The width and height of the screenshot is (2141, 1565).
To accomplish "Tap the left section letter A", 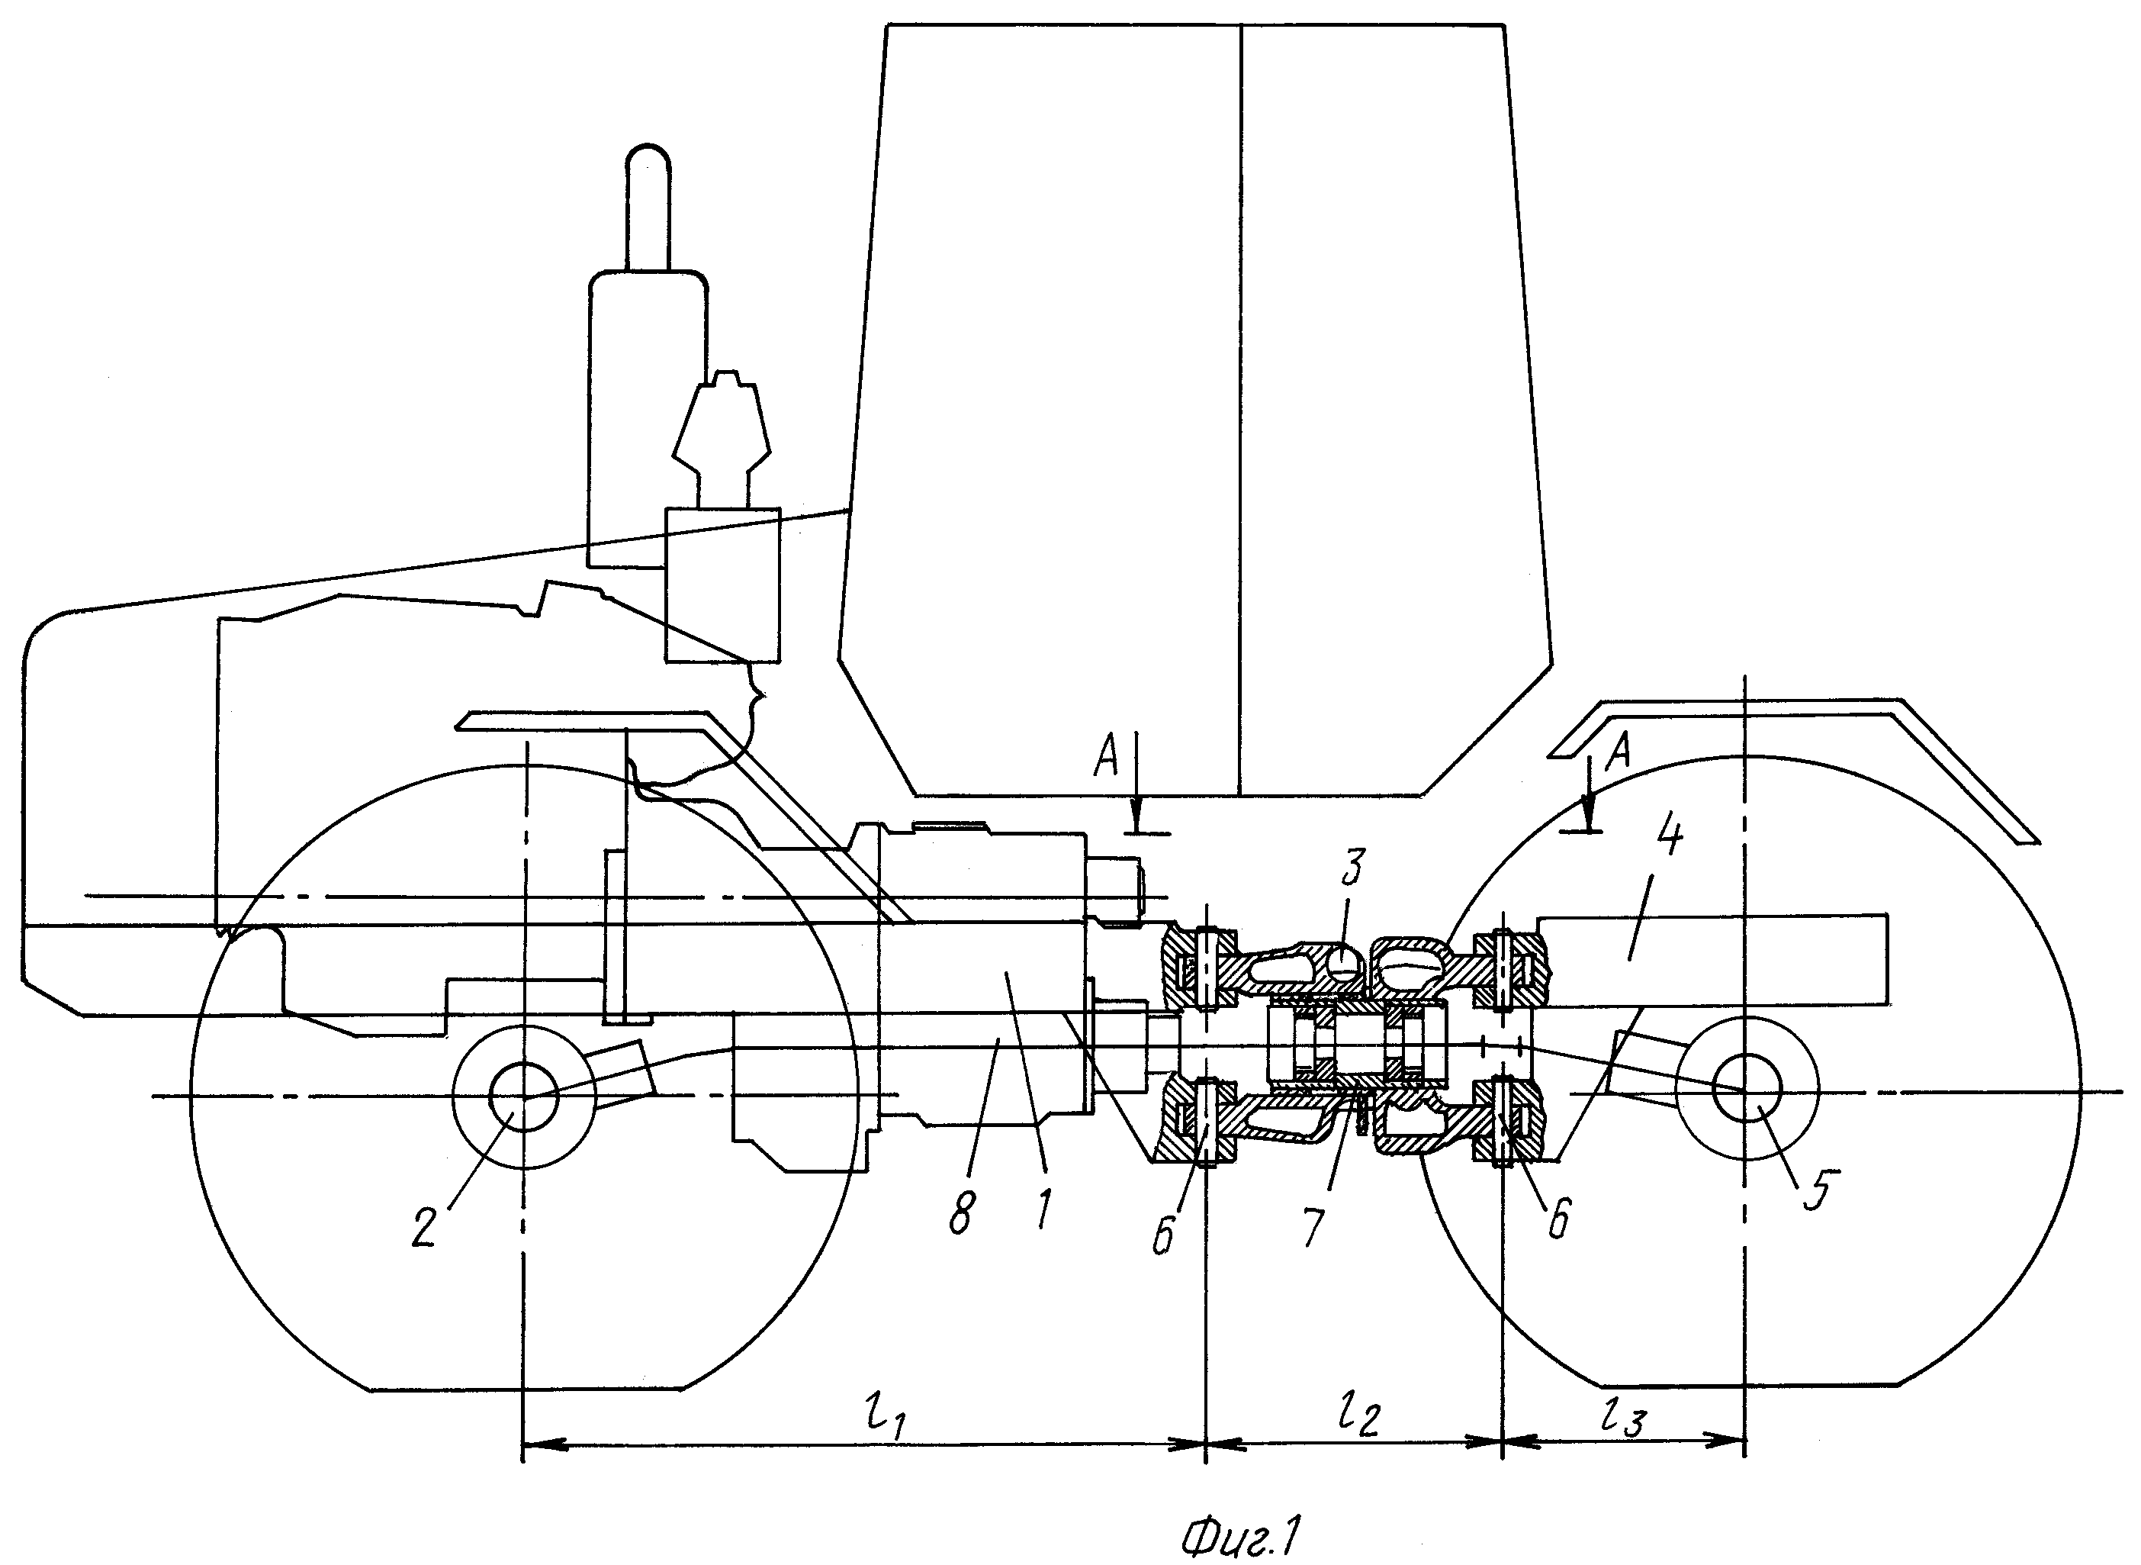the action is click(1107, 758).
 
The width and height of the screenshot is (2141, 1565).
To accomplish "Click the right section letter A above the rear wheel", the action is click(1620, 752).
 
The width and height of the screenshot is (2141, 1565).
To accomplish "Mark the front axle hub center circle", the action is click(524, 1097).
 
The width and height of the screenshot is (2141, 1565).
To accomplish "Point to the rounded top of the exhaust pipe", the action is click(648, 157).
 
